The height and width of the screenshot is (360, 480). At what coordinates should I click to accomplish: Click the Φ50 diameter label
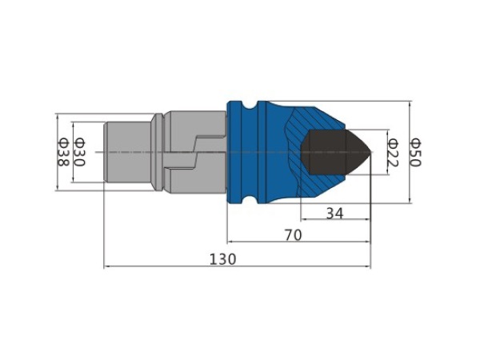[416, 152]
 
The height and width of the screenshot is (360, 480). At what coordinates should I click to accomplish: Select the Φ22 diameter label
[393, 153]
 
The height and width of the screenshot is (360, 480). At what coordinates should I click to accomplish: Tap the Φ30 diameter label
[79, 153]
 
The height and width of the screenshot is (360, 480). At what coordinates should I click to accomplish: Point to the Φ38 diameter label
[62, 153]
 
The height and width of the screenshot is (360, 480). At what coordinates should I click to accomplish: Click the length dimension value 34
[335, 213]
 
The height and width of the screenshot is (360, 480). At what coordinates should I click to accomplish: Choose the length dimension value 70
[294, 235]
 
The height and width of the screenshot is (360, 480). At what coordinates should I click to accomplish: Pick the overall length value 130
[223, 259]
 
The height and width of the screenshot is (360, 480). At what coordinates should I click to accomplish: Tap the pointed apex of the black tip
[372, 152]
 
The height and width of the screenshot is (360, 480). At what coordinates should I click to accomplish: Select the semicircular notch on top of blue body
[250, 105]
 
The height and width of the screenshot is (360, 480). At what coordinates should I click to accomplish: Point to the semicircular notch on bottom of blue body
[250, 199]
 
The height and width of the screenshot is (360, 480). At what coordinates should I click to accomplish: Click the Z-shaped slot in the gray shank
[195, 152]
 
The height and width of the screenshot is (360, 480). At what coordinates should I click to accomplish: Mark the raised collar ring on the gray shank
[158, 152]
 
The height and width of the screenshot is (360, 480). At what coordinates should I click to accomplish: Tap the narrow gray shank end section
[128, 152]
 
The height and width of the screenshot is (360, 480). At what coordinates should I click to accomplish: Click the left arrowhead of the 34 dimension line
[303, 219]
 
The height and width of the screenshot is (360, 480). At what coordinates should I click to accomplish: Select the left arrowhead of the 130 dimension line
[106, 266]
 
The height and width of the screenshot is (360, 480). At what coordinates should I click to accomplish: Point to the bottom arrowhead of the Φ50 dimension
[410, 200]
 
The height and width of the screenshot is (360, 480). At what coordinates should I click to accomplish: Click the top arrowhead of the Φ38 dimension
[58, 116]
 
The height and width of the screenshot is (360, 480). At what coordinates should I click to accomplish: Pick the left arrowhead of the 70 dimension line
[230, 242]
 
